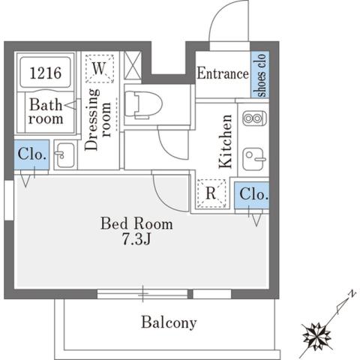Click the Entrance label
pos(222,73)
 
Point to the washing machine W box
pos(99,69)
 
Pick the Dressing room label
pos(100,120)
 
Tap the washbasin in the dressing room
pos(64,154)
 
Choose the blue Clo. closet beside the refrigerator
pos(253,194)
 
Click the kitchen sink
pos(253,158)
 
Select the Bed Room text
pos(137,223)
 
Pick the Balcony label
pos(169,323)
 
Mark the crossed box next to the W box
pos(133,64)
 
